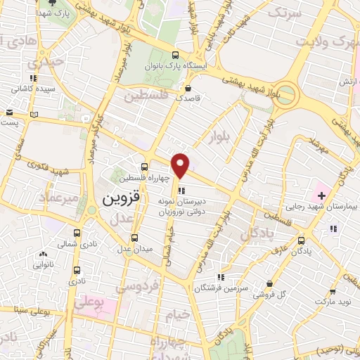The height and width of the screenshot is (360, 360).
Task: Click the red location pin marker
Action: tap(181, 165)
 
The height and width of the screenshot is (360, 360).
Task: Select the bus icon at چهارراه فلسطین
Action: tap(144, 167)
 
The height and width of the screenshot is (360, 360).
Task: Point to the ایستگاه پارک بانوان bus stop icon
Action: tap(175, 56)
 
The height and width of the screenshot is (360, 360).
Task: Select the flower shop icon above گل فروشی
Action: tap(269, 285)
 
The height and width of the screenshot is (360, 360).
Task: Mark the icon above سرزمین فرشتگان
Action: tap(221, 277)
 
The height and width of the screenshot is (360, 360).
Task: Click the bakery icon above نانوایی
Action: tap(44, 254)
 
